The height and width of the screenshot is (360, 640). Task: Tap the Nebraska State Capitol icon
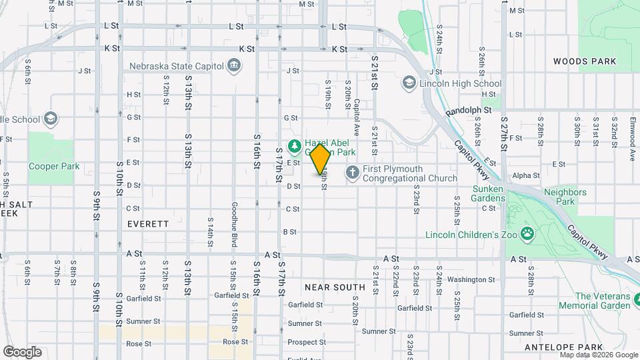234,65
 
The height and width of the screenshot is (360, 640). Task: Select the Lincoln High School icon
408,83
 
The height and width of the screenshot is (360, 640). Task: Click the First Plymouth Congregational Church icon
352,173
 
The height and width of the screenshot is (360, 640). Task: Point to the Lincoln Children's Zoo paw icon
527,234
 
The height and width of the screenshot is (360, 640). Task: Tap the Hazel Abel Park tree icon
293,145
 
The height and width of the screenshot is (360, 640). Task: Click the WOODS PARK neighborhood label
585,61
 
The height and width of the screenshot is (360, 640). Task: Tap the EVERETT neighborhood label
148,224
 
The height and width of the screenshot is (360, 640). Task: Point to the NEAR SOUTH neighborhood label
335,287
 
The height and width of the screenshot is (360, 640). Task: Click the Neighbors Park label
565,197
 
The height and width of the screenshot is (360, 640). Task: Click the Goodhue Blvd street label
234,225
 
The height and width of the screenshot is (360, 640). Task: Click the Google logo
22,351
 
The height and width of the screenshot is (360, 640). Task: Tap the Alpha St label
526,176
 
